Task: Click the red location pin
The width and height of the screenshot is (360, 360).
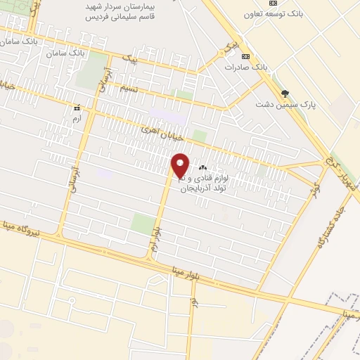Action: point(180,165)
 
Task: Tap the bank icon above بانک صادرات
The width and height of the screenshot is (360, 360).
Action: point(245,56)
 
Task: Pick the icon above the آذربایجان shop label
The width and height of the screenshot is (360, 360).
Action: point(203,167)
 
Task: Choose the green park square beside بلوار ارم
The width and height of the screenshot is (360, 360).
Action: point(143,224)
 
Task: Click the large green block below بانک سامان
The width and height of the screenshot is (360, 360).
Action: point(91,70)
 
